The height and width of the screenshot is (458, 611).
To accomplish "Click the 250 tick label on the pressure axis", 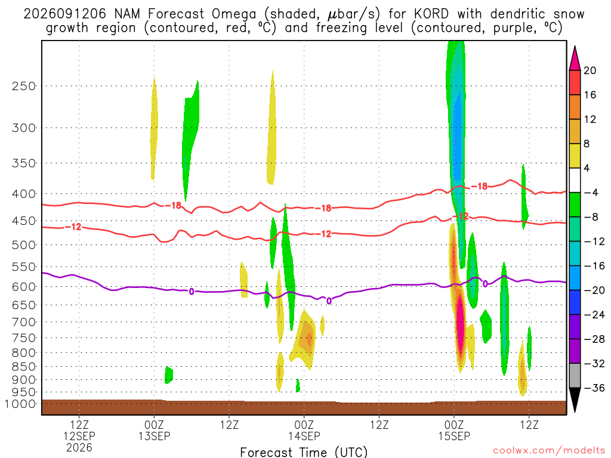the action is [x=24, y=86].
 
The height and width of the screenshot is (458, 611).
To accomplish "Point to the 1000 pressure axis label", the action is [x=20, y=404].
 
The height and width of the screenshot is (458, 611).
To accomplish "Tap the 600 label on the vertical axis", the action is [x=24, y=287].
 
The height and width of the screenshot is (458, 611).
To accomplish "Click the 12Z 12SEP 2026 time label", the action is [x=79, y=436].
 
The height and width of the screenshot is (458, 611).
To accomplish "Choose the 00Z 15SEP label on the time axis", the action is [x=454, y=431].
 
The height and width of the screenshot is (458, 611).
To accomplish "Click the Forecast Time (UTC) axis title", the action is [x=304, y=452].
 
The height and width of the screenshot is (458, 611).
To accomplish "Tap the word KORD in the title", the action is [x=431, y=14].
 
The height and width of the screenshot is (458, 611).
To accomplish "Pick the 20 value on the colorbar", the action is [x=590, y=70].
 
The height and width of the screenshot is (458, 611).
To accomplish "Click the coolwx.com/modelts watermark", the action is [x=549, y=451].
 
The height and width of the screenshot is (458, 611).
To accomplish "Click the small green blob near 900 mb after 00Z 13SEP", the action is [x=168, y=375].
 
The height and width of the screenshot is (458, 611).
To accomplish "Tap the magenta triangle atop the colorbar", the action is [x=575, y=59].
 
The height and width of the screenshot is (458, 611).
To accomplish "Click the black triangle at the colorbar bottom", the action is [x=575, y=399].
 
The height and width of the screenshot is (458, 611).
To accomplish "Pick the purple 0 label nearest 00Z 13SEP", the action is [x=192, y=291].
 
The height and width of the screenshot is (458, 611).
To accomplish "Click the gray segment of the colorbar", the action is [x=575, y=376].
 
